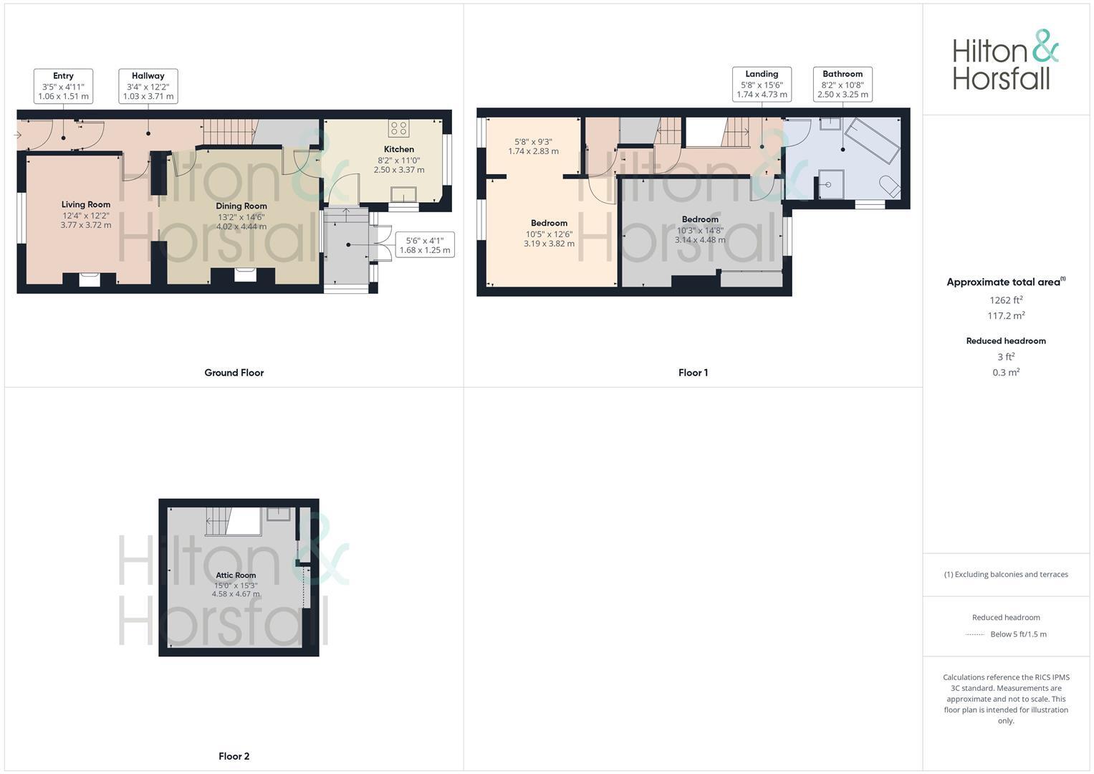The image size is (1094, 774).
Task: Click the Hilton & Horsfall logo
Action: (1005, 60)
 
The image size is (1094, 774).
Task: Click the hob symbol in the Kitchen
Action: (399, 128)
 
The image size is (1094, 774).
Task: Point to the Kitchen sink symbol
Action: (403, 195)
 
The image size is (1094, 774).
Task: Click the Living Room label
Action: (86, 204)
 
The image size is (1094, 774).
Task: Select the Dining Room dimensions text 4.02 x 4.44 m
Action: (241, 226)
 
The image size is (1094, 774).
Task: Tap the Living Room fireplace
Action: (90, 279)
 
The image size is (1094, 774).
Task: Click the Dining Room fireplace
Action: (244, 275)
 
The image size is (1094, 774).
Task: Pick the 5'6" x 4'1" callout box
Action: (425, 245)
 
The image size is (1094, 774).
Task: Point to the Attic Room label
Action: (236, 575)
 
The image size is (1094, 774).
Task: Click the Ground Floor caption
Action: (234, 373)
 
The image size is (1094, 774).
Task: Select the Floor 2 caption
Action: (234, 756)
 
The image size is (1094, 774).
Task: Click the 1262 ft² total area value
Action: (1006, 300)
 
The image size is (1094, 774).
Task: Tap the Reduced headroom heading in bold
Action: (1006, 341)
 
